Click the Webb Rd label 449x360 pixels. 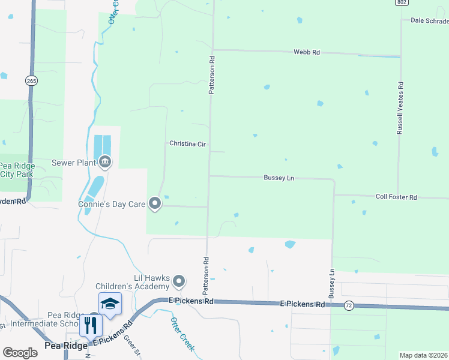coord(306,53)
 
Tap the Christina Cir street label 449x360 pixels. coord(187,143)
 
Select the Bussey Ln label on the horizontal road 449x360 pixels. coord(279,178)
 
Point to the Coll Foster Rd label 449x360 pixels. coord(396,197)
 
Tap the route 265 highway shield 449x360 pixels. coord(32,80)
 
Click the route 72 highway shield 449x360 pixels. coord(348,306)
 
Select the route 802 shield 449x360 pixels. coord(402,2)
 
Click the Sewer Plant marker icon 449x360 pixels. coord(105,162)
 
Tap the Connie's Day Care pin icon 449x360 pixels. coord(155,204)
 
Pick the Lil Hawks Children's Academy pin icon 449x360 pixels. coord(179,281)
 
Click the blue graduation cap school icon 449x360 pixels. coord(110,304)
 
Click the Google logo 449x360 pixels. coord(20,353)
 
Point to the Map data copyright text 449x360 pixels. coord(424,355)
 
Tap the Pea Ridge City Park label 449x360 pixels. coord(17,170)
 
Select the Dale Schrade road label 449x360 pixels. coord(429,20)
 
